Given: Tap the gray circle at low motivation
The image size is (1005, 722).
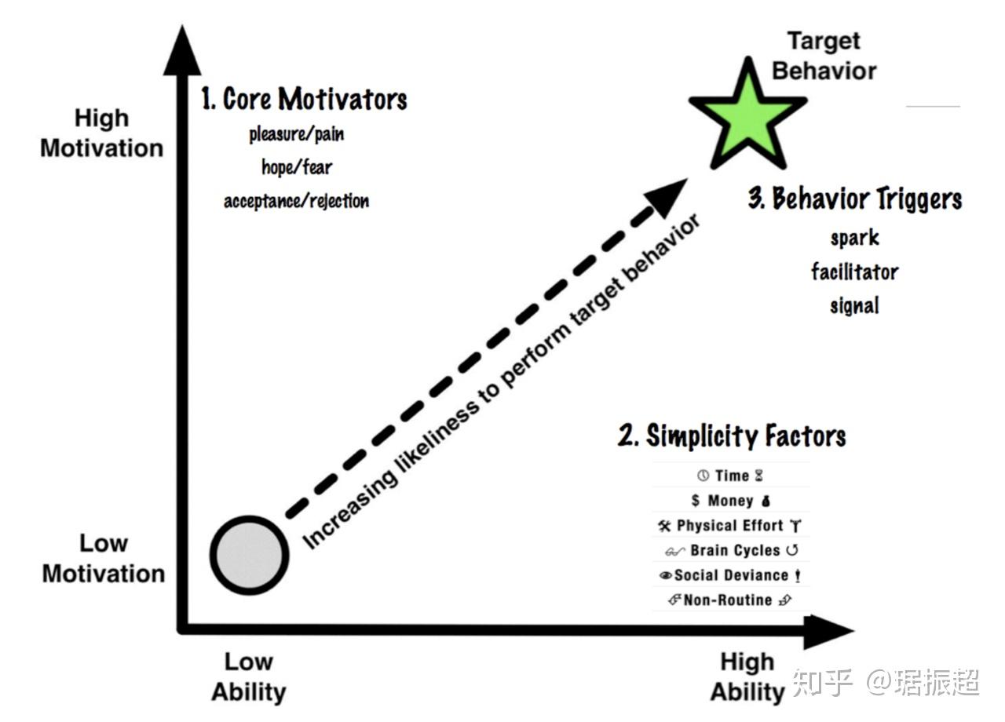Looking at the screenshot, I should pyautogui.click(x=249, y=555).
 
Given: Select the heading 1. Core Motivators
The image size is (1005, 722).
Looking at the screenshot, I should pyautogui.click(x=304, y=99).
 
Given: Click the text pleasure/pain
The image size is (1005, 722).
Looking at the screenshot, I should pyautogui.click(x=297, y=134).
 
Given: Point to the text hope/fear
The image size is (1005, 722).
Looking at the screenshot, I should pyautogui.click(x=297, y=167).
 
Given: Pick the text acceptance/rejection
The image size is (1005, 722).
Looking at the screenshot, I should pyautogui.click(x=297, y=201).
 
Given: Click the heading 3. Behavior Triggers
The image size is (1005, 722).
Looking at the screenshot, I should pyautogui.click(x=854, y=199).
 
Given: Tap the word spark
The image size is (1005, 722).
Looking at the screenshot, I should pyautogui.click(x=854, y=237).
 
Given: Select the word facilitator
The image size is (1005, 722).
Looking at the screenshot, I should pyautogui.click(x=854, y=272).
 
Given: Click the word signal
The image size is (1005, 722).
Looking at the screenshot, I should pyautogui.click(x=854, y=304).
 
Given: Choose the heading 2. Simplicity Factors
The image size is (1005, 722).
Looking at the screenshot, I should pyautogui.click(x=732, y=436).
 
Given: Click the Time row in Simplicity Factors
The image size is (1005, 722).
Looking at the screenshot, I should pyautogui.click(x=730, y=476).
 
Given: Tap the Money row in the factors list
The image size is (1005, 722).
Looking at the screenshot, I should pyautogui.click(x=730, y=501).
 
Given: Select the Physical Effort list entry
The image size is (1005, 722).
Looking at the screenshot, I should pyautogui.click(x=730, y=526).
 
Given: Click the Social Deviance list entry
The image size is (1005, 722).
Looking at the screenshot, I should pyautogui.click(x=730, y=575).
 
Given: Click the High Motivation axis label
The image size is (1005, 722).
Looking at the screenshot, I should pyautogui.click(x=102, y=133).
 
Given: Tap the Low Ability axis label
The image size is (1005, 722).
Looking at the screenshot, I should pyautogui.click(x=248, y=676).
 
